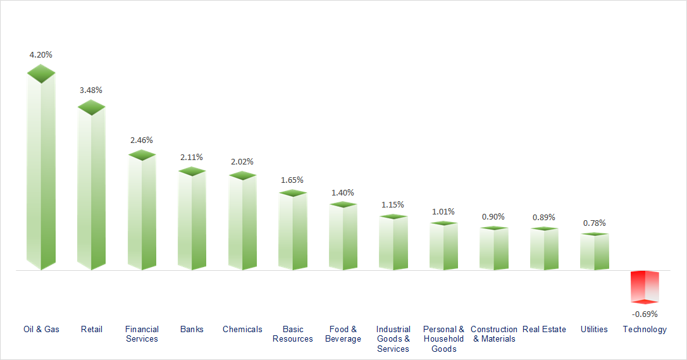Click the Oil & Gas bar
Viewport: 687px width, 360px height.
pyautogui.click(x=41, y=171)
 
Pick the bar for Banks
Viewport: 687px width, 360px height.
pyautogui.click(x=192, y=219)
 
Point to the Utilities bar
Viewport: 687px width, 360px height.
pyautogui.click(x=595, y=252)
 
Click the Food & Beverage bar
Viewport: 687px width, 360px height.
pyautogui.click(x=343, y=237)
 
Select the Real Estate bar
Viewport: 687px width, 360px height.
pyautogui.click(x=544, y=249)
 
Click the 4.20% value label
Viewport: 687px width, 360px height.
pyautogui.click(x=41, y=55)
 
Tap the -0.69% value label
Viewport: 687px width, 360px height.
pyautogui.click(x=645, y=314)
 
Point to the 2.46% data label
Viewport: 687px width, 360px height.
pyautogui.click(x=142, y=140)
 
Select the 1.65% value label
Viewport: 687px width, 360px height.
pyautogui.click(x=292, y=180)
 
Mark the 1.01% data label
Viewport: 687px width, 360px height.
pyautogui.click(x=443, y=211)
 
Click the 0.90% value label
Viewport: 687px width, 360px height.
pyautogui.click(x=493, y=216)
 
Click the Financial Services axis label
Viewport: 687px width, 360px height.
pyautogui.click(x=142, y=334)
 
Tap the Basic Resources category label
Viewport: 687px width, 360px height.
pyautogui.click(x=293, y=334)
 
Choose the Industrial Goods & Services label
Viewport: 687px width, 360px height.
pyautogui.click(x=393, y=339)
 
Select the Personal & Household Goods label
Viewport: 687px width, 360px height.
pyautogui.click(x=443, y=339)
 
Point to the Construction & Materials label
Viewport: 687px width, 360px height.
pyautogui.click(x=494, y=334)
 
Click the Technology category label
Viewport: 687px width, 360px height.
pyautogui.click(x=645, y=329)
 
